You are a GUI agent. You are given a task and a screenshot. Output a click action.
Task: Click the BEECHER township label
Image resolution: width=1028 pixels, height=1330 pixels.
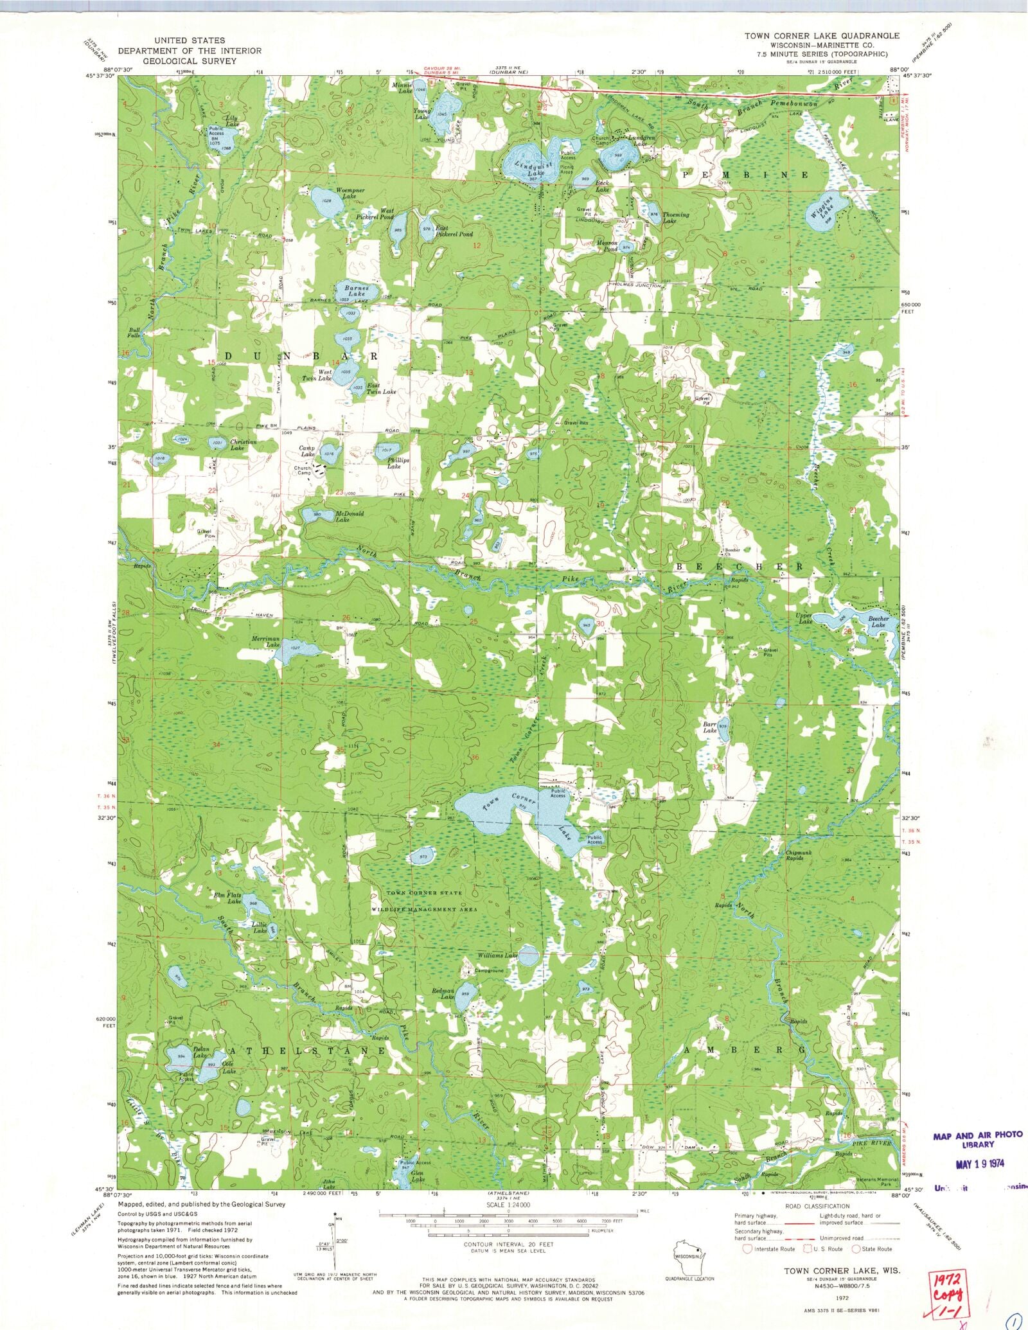(739, 567)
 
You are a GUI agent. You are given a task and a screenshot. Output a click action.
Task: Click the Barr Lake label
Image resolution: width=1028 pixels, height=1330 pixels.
(709, 727)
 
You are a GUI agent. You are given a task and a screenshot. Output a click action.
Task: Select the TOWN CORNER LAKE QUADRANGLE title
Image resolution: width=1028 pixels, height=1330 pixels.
(822, 36)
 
